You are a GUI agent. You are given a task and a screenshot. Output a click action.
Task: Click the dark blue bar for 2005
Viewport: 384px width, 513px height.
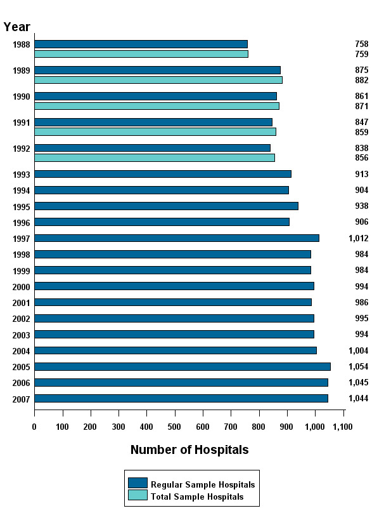(182, 366)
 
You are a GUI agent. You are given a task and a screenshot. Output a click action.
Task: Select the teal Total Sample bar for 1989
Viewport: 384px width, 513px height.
(158, 80)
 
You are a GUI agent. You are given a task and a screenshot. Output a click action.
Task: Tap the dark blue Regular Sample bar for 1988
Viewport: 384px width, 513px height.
(141, 44)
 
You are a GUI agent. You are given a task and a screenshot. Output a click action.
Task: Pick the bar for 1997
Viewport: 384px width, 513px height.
(177, 238)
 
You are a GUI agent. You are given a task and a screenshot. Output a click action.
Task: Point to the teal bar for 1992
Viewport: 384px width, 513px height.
(155, 157)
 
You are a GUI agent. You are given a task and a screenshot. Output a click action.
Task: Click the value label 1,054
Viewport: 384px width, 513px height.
(358, 366)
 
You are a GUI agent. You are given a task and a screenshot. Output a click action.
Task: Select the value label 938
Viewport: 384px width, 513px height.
(361, 206)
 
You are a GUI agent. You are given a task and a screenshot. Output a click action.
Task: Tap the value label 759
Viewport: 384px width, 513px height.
(361, 54)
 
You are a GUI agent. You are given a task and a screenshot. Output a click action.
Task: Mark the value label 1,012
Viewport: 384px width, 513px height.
(358, 238)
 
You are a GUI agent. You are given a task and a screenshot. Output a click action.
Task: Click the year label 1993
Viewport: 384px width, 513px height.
(22, 175)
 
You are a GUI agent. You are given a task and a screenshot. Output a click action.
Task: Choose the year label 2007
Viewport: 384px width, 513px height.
(22, 399)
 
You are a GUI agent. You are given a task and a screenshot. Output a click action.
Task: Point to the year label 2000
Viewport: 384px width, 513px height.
(22, 286)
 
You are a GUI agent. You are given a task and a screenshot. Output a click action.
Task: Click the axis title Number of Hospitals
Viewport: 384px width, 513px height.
(189, 450)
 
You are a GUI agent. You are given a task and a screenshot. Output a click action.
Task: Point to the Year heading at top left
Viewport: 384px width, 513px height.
(16, 26)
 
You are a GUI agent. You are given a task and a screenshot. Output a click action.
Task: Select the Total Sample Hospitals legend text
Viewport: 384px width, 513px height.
(197, 496)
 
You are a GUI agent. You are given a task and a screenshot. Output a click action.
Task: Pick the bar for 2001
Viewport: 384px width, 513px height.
(173, 302)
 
